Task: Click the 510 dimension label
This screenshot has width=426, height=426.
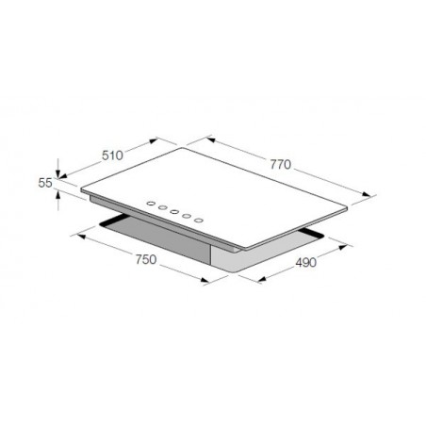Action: tap(112, 156)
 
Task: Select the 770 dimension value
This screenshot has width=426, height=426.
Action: tap(281, 164)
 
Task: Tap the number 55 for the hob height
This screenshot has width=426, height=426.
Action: tap(45, 183)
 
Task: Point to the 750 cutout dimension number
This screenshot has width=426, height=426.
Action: tap(146, 259)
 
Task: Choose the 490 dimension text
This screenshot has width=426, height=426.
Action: tap(306, 262)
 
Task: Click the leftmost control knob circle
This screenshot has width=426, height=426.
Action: tap(151, 204)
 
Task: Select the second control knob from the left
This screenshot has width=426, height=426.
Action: tap(163, 207)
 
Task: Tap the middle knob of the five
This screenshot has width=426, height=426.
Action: tap(174, 212)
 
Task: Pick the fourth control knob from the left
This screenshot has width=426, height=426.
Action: tap(187, 216)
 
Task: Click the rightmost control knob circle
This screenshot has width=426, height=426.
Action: tap(198, 221)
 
